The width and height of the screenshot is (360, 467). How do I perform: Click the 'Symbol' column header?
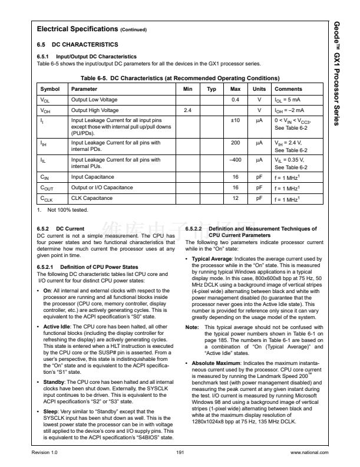coord(49,89)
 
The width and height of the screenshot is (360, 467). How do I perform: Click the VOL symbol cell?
coord(45,100)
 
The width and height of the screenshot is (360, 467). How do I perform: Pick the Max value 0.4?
coord(235,100)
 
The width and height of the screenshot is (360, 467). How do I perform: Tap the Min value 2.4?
coord(189,110)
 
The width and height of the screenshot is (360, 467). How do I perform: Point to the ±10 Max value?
coord(235,120)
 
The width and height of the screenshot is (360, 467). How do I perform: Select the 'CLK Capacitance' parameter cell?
coord(92,198)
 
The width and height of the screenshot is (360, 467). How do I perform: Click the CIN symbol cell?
coord(44,176)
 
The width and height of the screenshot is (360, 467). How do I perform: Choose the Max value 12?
coord(235,198)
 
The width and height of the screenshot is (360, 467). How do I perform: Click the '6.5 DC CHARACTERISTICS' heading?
coord(77,44)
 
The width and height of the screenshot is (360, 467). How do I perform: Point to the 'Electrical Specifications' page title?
coord(78,29)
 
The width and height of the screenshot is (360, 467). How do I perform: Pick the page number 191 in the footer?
coord(180,452)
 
